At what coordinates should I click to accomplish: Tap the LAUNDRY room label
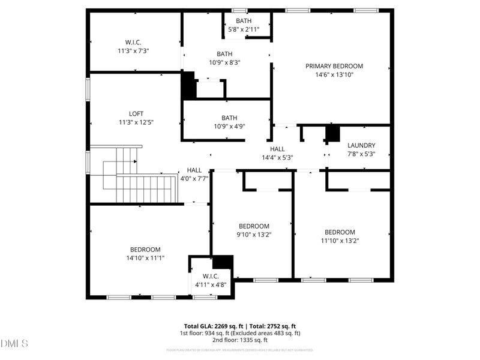[x=361, y=145]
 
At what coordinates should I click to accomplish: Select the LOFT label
[x=136, y=113]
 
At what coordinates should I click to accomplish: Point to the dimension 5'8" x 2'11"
[x=244, y=29]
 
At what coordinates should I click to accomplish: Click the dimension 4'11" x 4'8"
[x=211, y=284]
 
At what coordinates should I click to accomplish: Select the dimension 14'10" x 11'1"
[x=145, y=257]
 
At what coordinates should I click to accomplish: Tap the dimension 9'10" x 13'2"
[x=254, y=235]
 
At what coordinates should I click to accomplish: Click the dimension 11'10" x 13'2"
[x=340, y=241]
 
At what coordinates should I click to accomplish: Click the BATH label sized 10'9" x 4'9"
[x=229, y=118]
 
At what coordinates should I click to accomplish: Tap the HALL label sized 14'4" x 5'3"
[x=277, y=149]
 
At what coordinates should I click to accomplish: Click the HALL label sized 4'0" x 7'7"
[x=194, y=170]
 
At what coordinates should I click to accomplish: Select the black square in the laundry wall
[x=332, y=133]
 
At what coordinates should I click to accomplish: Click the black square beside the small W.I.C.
[x=223, y=262]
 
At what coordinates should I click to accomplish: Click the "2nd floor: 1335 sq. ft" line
[x=240, y=340]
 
